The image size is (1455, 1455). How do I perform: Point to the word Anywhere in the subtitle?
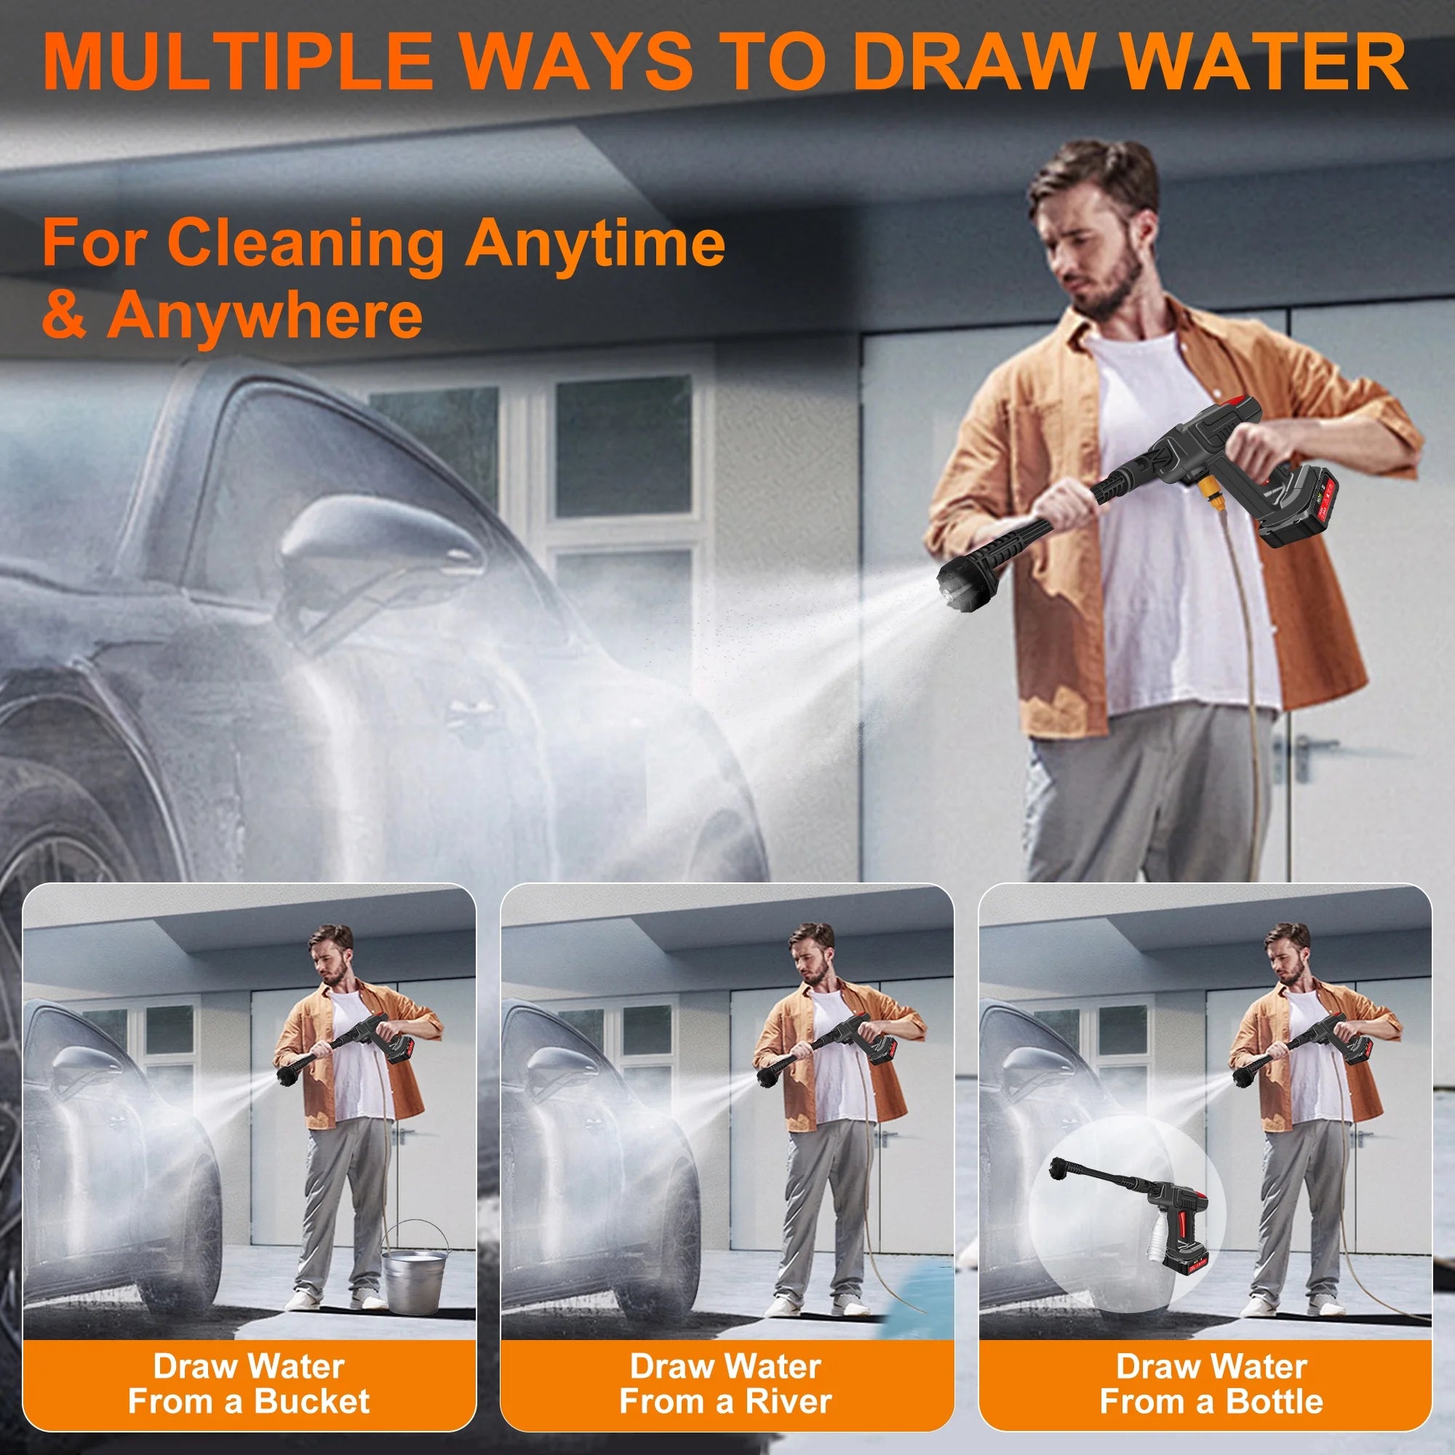click(x=263, y=316)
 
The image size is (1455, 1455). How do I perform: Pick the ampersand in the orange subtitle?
click(x=64, y=316)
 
